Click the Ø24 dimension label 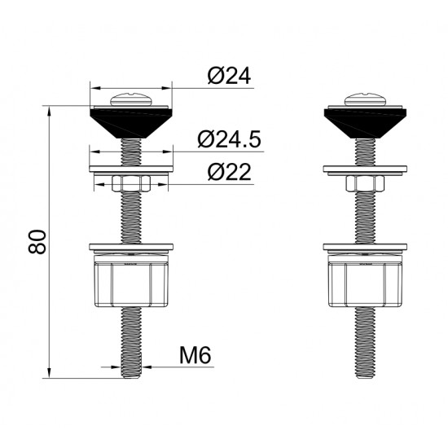(229, 76)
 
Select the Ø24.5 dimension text (229, 139)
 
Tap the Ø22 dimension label (230, 172)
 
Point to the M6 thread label (195, 355)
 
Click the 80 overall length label (37, 242)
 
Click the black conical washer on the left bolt (131, 123)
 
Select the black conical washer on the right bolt (365, 123)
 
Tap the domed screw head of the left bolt (131, 99)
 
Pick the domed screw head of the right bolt (365, 99)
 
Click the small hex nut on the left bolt (131, 183)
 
